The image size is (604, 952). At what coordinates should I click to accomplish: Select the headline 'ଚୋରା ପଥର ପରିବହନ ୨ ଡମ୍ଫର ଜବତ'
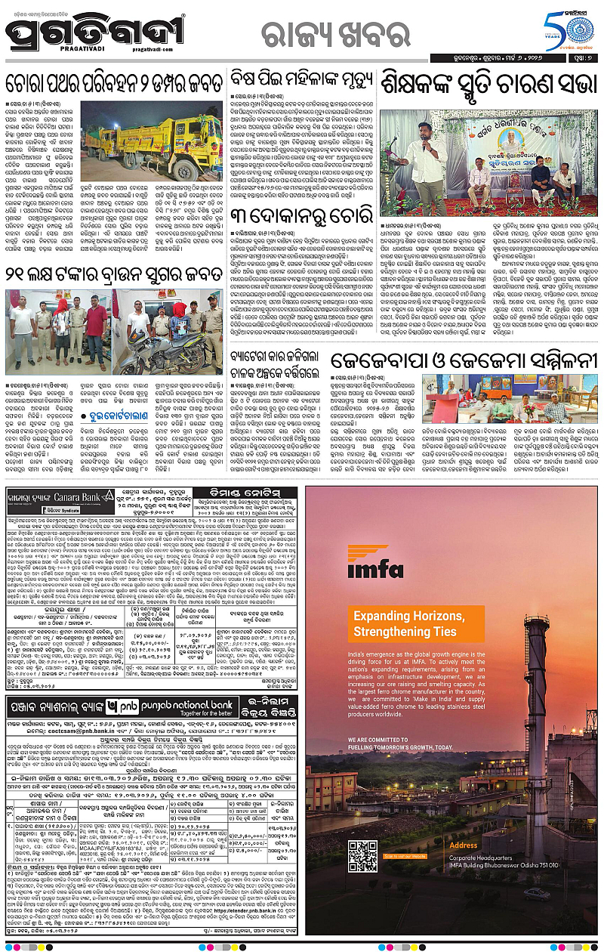pyautogui.click(x=115, y=82)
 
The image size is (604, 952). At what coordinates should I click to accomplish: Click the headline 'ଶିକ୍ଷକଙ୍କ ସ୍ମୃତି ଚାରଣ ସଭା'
pyautogui.click(x=488, y=81)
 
